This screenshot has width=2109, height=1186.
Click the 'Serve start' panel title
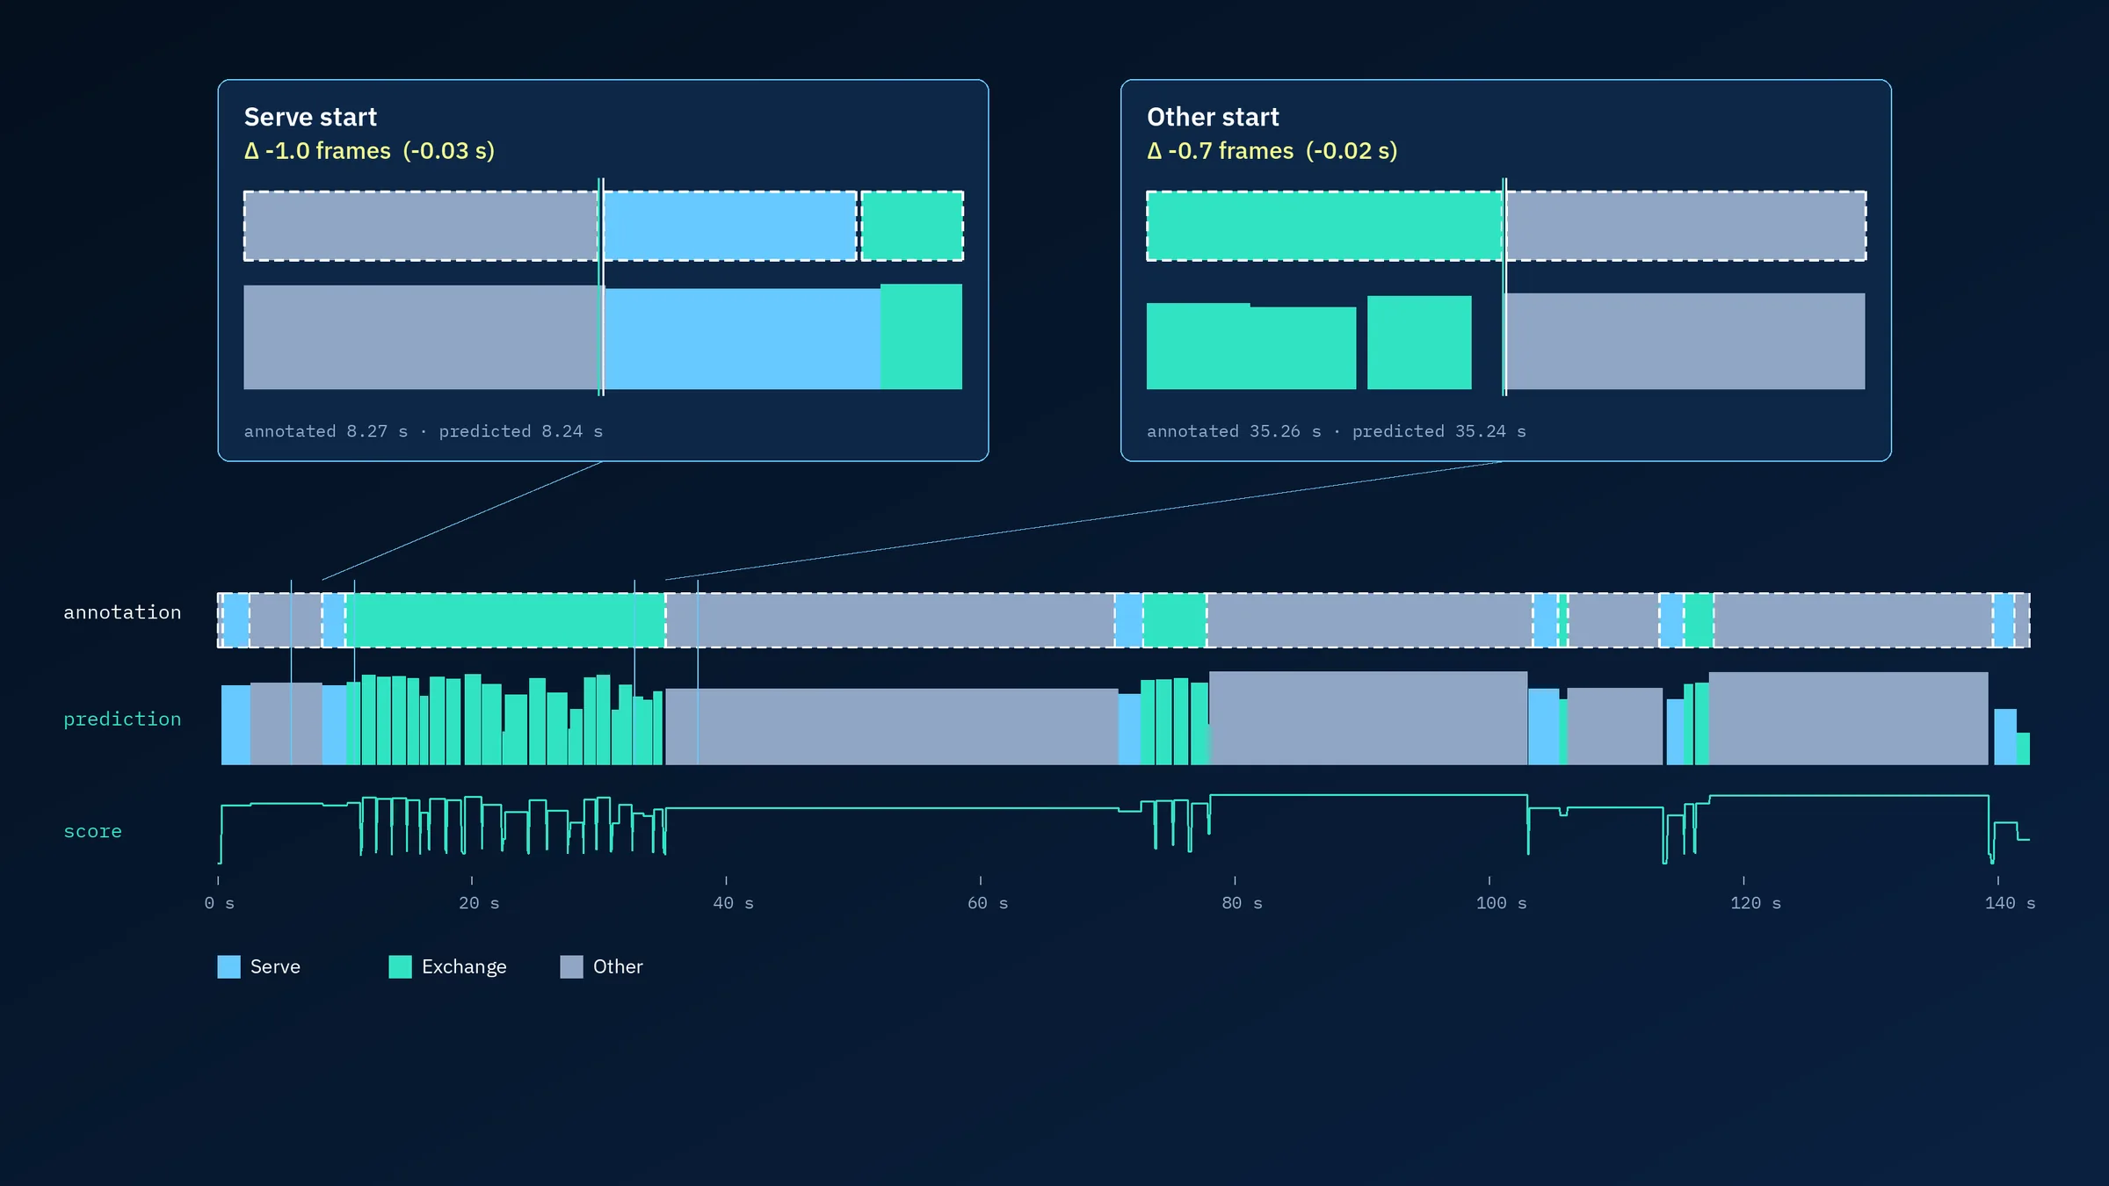point(310,117)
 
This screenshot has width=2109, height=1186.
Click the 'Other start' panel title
point(1213,117)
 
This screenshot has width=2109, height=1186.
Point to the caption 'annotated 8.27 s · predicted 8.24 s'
point(424,431)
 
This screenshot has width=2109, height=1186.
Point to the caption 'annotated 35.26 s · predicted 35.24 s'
point(1337,431)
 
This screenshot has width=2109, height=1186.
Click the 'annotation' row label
point(122,612)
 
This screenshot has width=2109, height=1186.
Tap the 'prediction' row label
point(122,720)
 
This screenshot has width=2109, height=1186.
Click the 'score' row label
point(92,831)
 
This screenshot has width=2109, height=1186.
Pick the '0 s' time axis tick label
point(219,903)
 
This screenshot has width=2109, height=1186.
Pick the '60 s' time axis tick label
point(988,903)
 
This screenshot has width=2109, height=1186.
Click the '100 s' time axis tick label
point(1501,903)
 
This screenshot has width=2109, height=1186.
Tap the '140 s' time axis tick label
point(2010,903)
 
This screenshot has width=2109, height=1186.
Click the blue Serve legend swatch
point(228,966)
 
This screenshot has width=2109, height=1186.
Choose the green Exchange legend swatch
point(400,966)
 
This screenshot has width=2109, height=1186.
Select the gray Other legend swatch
point(571,966)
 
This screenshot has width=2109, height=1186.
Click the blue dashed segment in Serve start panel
point(729,226)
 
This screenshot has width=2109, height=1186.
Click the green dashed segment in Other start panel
point(1325,226)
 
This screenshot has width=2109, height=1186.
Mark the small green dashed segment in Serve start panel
point(912,226)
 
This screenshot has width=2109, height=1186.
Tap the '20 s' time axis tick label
point(479,903)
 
